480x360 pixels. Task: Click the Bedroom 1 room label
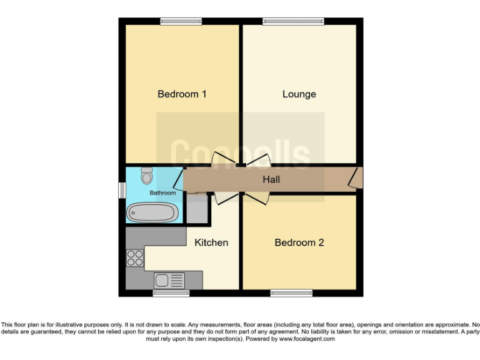pyautogui.click(x=182, y=94)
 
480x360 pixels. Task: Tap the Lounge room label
pyautogui.click(x=299, y=94)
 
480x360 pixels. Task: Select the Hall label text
pyautogui.click(x=271, y=180)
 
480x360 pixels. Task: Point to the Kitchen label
pyautogui.click(x=211, y=242)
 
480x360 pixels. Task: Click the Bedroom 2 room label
pyautogui.click(x=299, y=242)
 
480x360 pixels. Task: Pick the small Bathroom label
pyautogui.click(x=162, y=193)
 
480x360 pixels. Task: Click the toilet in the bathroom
pyautogui.click(x=147, y=175)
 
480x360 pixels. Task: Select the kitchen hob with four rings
pyautogui.click(x=135, y=258)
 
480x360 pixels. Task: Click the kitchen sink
pyautogui.click(x=169, y=280)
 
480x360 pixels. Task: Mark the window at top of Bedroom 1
pyautogui.click(x=181, y=22)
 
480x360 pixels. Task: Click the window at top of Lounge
pyautogui.click(x=293, y=22)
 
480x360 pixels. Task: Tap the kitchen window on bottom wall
pyautogui.click(x=171, y=293)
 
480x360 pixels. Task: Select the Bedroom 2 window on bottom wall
pyautogui.click(x=291, y=293)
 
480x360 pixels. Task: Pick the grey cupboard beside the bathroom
pyautogui.click(x=197, y=211)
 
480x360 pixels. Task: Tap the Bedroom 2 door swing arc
pyautogui.click(x=256, y=198)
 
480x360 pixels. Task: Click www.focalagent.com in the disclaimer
pyautogui.click(x=306, y=339)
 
